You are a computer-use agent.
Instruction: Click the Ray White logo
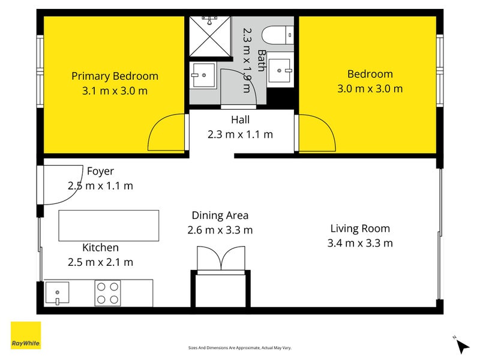tap(26, 335)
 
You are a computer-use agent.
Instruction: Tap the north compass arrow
tap(462, 346)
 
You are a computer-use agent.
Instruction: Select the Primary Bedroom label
tap(115, 76)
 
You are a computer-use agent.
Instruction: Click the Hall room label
tap(241, 119)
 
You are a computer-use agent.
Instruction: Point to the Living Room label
tap(360, 229)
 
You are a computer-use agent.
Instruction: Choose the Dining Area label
tap(220, 215)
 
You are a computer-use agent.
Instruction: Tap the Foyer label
tap(100, 171)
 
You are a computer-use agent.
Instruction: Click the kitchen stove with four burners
tap(107, 293)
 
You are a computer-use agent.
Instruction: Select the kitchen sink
tap(57, 293)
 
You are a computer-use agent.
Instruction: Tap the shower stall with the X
tap(209, 37)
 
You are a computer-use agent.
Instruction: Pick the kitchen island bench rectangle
tap(109, 226)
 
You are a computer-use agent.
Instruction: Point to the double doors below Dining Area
tap(221, 259)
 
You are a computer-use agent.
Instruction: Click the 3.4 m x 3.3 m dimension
tap(360, 243)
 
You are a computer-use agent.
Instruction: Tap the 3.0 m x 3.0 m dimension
tap(370, 89)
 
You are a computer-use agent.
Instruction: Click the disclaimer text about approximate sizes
tap(239, 348)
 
